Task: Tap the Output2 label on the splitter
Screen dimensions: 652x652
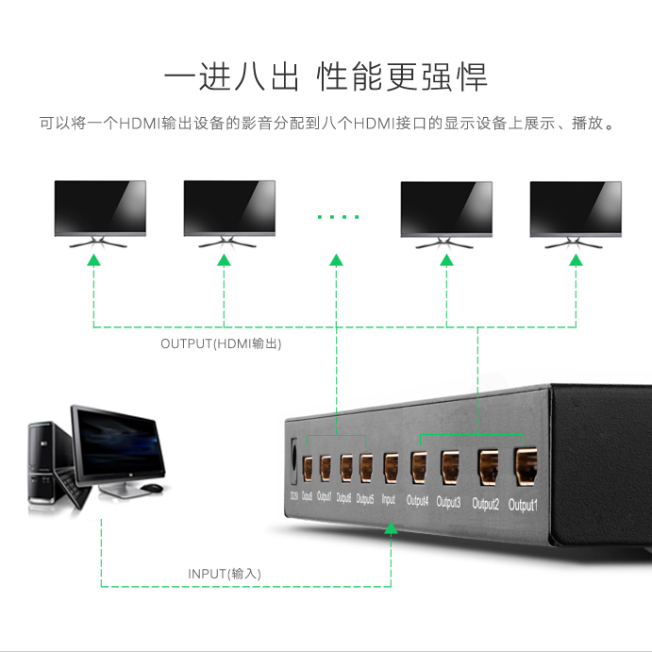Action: (485, 503)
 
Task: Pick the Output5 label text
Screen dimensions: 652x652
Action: (365, 498)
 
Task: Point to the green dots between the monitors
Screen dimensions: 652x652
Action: (338, 217)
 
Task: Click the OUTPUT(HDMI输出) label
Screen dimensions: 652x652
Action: (221, 344)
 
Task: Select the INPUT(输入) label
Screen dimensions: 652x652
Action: (224, 574)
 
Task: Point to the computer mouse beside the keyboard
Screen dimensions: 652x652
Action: (151, 488)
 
